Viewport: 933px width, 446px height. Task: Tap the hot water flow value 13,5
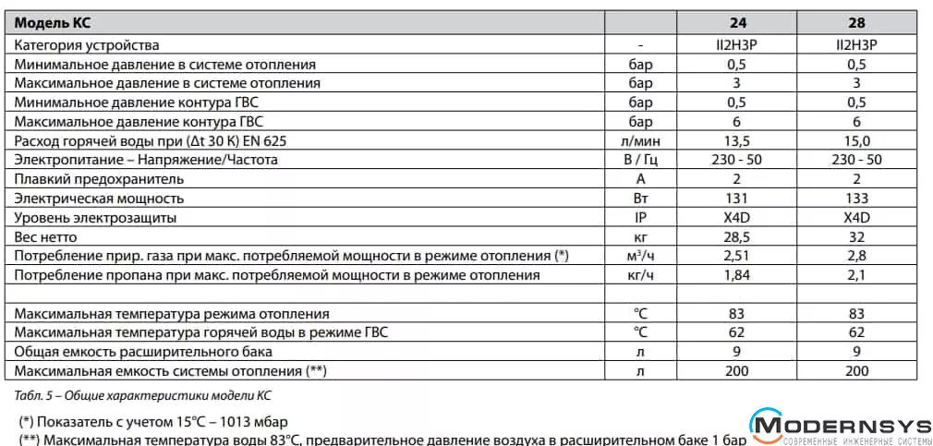coord(737,140)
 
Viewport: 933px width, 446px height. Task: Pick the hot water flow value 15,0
coord(856,140)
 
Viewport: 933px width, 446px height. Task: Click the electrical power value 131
coord(737,198)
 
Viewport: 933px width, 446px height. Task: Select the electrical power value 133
coord(856,198)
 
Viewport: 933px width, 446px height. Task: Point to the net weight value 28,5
coord(737,236)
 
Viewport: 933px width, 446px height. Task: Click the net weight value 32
coord(856,236)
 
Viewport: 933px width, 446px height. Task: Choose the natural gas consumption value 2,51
coord(737,256)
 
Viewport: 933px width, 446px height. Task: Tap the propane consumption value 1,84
coord(737,275)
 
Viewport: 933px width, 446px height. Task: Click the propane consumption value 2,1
coord(856,275)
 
